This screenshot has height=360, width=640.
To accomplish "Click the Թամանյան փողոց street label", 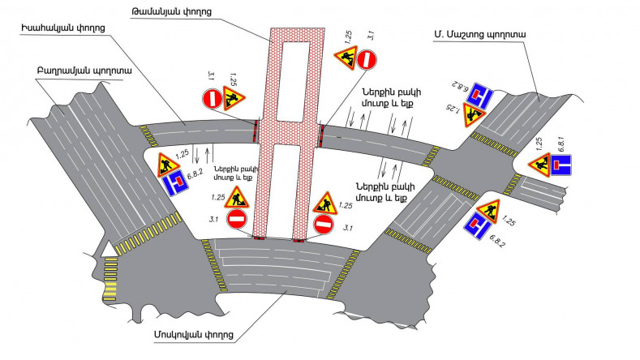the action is pos(171,12).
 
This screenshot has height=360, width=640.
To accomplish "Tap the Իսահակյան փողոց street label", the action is pos(63,28).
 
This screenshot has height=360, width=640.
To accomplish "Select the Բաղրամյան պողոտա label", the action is pos(84,71).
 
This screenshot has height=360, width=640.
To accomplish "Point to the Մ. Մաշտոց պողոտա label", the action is pos(479,34).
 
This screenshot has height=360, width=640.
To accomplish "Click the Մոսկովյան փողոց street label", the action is pos(194,335).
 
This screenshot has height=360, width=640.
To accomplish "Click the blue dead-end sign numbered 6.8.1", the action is pos(561,165).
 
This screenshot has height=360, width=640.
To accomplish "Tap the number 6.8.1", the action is pos(561,144).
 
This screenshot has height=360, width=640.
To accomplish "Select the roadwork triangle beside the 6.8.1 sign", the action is pos(539,165).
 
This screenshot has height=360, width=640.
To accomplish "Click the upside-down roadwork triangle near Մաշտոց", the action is pos(474,114).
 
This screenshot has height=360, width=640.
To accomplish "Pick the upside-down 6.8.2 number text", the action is pos(459,85).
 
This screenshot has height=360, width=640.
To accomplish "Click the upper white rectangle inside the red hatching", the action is pos(293,81).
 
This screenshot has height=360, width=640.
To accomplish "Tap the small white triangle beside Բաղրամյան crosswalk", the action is pos(108,250).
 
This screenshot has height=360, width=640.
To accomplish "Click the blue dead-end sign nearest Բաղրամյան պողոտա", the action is pos(175,183).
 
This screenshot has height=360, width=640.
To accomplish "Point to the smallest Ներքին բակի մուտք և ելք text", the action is pos(236,173).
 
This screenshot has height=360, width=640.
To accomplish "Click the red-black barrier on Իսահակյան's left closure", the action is pos(256,131).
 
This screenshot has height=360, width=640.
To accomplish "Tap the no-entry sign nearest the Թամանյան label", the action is pos(367,59).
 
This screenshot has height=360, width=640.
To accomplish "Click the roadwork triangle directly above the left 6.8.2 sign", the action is pos(168,165).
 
